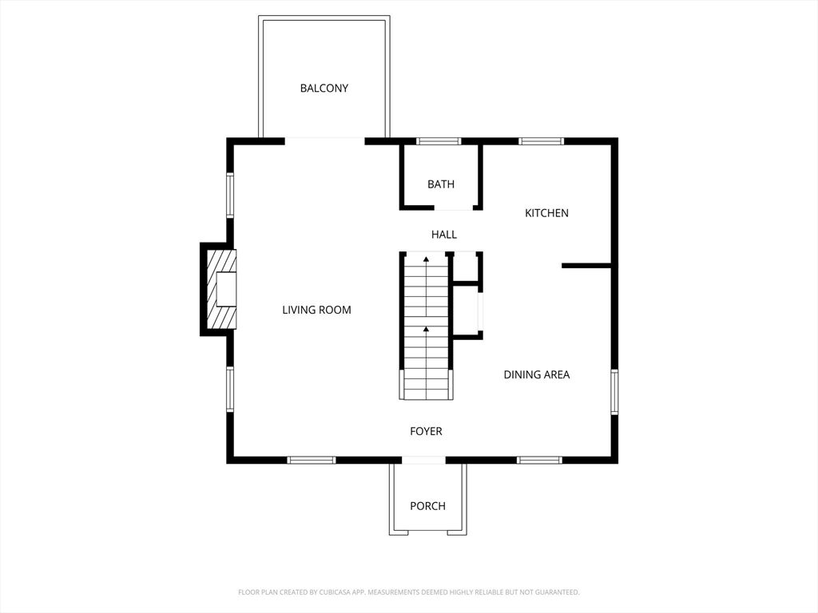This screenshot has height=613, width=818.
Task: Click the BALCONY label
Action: (324, 88)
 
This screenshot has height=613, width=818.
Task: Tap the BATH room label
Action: (441, 184)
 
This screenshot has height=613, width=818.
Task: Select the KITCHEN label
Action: (546, 212)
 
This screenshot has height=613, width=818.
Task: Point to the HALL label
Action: (444, 235)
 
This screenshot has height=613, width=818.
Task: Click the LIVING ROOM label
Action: (316, 310)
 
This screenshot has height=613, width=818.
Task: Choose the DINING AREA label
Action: (536, 374)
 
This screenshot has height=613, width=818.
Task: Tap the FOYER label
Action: (426, 431)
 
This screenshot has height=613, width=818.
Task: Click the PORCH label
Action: (428, 505)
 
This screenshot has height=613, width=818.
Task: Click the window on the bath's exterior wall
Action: (439, 140)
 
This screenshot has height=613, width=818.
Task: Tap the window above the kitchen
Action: (541, 140)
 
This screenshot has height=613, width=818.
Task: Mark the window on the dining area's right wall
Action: (614, 391)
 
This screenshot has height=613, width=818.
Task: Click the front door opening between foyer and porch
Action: (423, 461)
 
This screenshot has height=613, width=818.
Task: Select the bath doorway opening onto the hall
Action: (454, 208)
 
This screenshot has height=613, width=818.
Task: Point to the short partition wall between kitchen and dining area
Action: (586, 266)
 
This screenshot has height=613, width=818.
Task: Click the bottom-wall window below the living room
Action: (312, 460)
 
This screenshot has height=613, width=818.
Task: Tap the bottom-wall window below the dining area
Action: (539, 460)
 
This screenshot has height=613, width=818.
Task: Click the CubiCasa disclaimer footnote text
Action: (409, 592)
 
